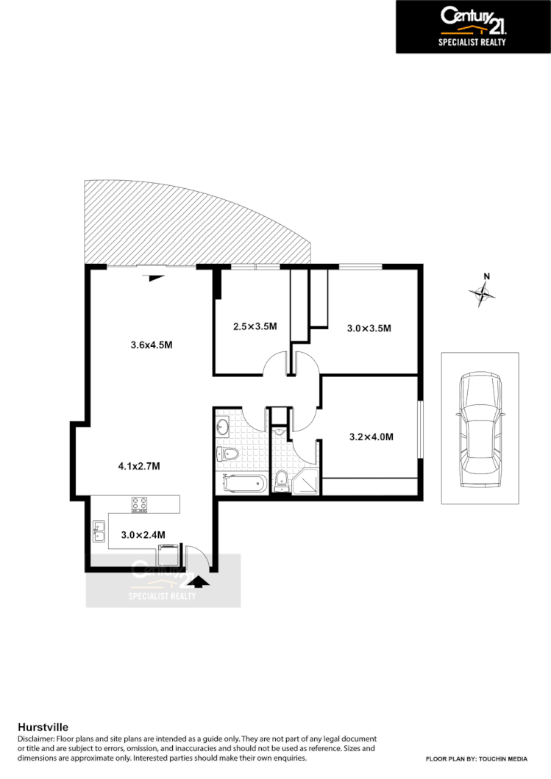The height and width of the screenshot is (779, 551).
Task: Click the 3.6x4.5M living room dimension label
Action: tap(152, 345)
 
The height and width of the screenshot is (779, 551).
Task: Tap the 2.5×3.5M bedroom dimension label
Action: tap(245, 326)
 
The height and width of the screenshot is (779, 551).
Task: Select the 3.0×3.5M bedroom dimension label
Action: tap(369, 329)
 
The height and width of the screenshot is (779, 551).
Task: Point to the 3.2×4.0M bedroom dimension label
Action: tap(371, 437)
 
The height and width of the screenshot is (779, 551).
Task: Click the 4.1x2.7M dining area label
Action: tap(139, 466)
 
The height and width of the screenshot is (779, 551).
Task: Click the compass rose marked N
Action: tap(483, 292)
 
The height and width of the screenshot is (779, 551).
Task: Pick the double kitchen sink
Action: tap(99, 531)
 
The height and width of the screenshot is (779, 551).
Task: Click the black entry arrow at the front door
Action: tap(199, 581)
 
